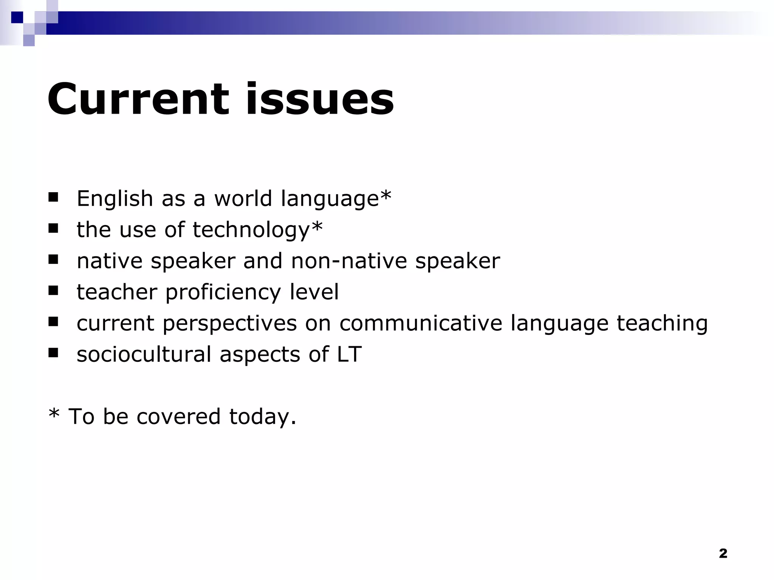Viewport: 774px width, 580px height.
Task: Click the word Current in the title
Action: point(138,99)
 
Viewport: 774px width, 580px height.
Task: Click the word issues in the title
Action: point(320,99)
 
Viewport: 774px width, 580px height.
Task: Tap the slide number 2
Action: point(723,553)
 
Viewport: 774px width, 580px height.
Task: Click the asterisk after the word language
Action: point(386,195)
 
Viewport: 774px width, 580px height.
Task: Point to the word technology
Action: point(251,230)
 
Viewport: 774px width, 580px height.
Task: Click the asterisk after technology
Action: point(317,227)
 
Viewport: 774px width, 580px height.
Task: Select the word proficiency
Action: point(223,293)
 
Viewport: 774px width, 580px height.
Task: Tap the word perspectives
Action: point(229,324)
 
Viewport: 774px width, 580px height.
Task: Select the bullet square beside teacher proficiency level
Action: point(53,290)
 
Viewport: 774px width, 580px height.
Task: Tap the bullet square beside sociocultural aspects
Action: point(53,353)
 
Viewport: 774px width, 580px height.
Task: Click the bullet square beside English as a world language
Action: point(53,197)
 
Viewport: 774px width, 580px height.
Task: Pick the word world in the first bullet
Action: point(243,199)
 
